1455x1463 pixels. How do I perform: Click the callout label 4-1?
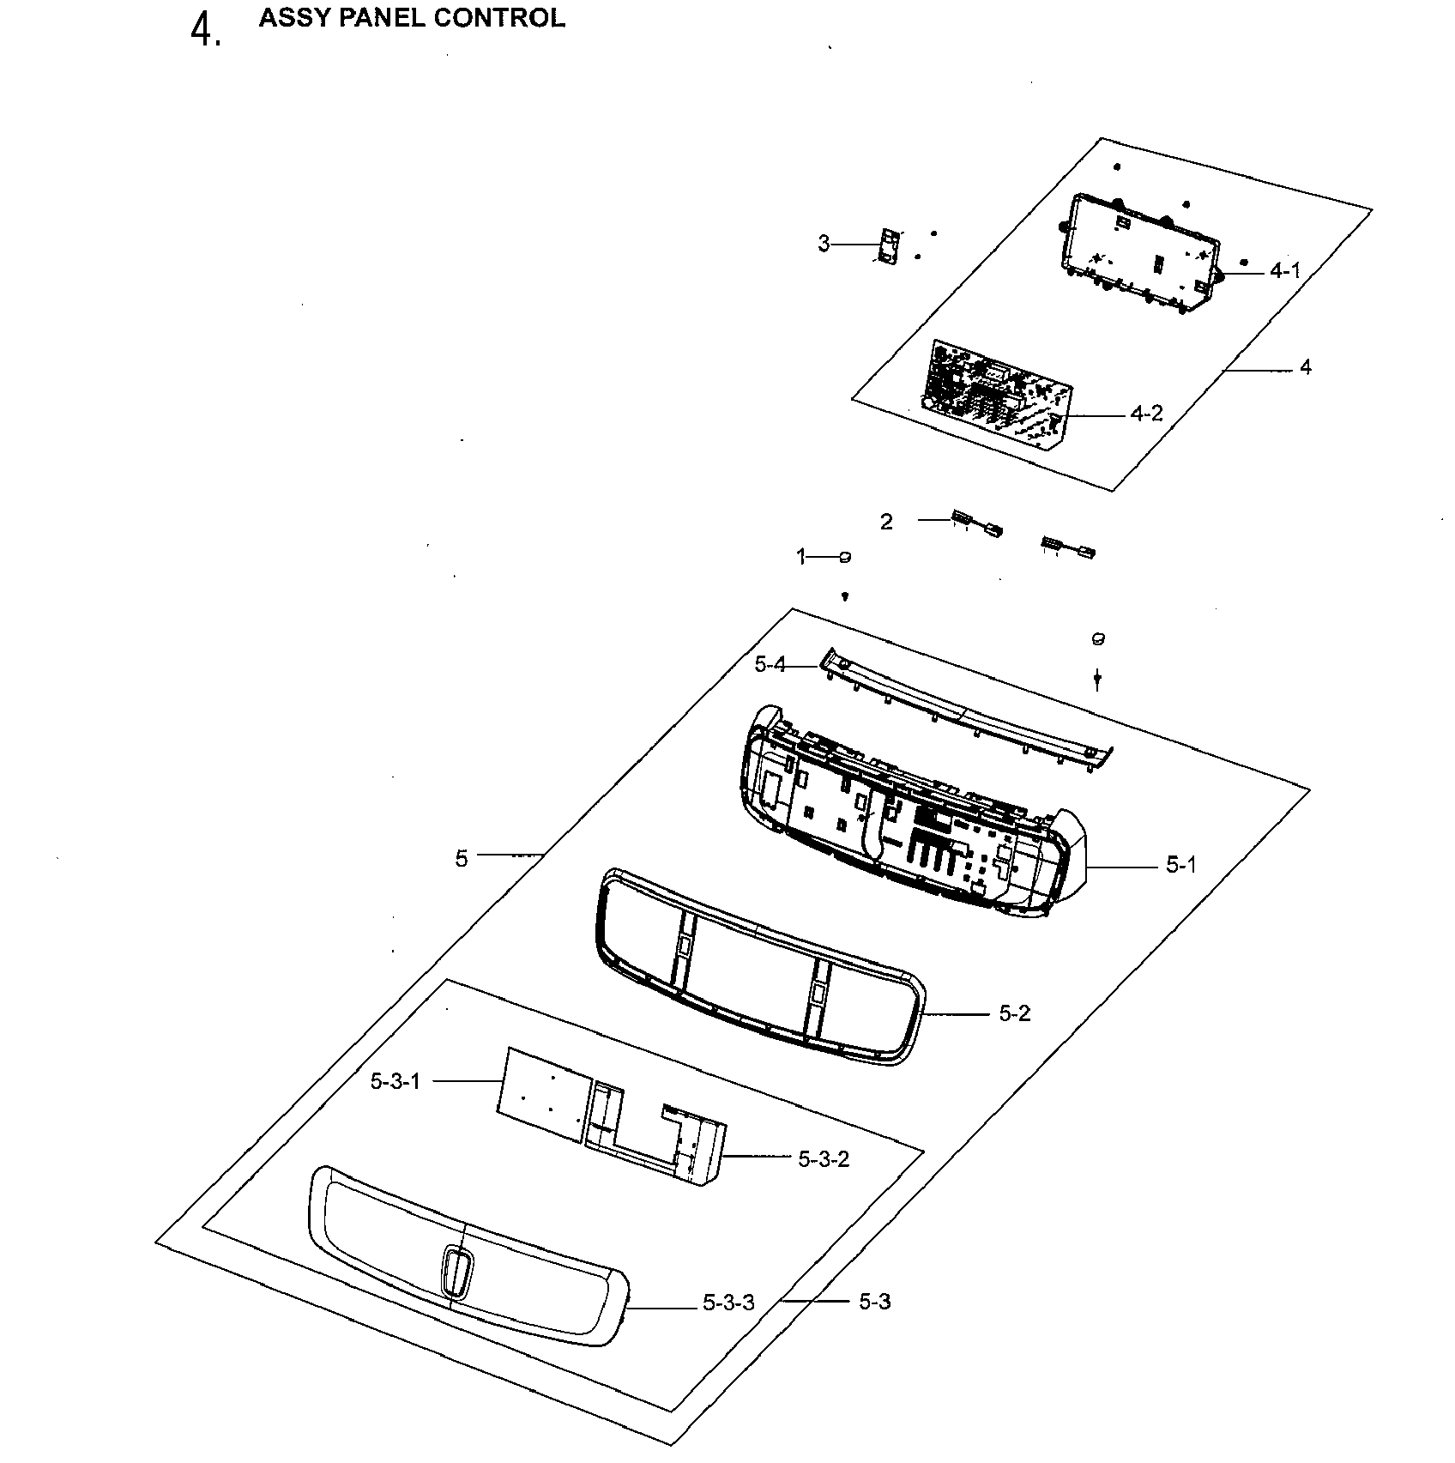[x=1284, y=271]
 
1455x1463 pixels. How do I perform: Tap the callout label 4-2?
[x=1146, y=414]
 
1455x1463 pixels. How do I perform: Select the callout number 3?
[x=824, y=245]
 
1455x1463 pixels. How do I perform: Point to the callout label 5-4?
[x=770, y=665]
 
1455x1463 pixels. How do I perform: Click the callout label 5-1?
[x=1180, y=867]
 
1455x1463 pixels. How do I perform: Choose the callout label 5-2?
[x=1014, y=1014]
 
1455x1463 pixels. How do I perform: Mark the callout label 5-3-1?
[x=395, y=1082]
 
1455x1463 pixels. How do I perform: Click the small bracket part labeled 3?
[x=889, y=247]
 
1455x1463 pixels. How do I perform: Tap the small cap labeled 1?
[x=844, y=558]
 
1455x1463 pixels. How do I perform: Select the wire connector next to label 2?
[x=975, y=523]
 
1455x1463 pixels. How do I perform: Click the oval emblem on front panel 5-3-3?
[x=456, y=1272]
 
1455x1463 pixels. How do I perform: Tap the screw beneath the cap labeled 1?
[x=845, y=595]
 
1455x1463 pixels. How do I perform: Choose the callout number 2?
[x=886, y=522]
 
